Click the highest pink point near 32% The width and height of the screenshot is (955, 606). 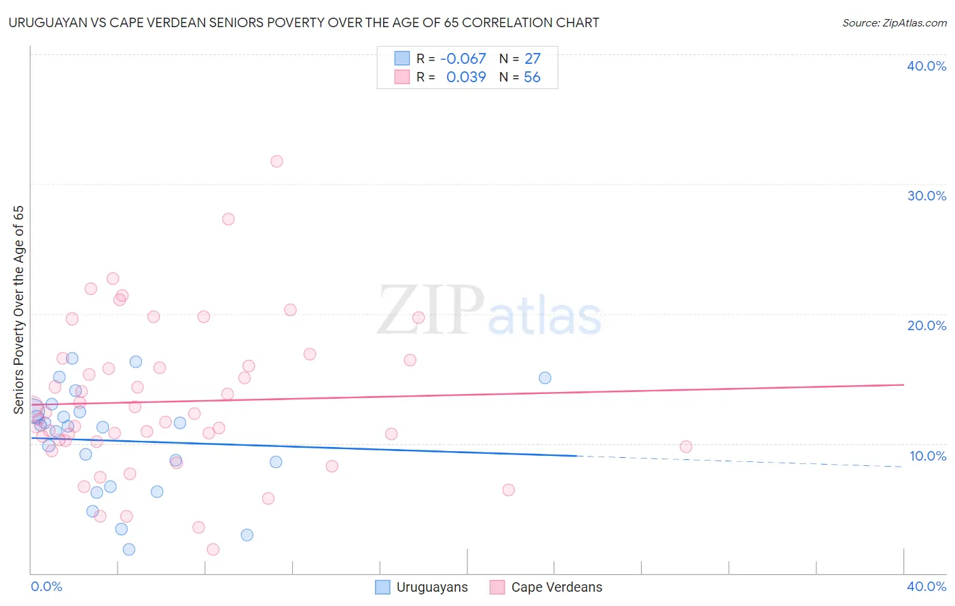click(276, 162)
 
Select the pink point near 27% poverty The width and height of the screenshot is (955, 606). click(228, 219)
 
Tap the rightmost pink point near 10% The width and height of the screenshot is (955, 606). click(686, 446)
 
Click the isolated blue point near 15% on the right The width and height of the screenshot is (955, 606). click(545, 378)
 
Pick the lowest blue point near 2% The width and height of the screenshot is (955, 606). click(129, 549)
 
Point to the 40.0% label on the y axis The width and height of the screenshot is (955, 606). click(926, 66)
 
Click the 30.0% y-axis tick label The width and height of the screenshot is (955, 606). click(926, 196)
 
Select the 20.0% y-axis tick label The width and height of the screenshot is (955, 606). click(926, 325)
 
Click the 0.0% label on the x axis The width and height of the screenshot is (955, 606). click(46, 586)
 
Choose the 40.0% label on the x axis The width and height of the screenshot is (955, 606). click(926, 586)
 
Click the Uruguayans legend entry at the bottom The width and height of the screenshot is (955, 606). click(422, 587)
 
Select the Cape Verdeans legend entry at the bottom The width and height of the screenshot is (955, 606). click(546, 587)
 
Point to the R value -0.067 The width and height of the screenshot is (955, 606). click(463, 59)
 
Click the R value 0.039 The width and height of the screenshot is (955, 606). click(466, 77)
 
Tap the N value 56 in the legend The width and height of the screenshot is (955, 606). click(532, 77)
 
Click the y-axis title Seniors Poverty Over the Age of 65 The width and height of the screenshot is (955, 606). click(18, 309)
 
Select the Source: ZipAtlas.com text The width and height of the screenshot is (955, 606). click(894, 23)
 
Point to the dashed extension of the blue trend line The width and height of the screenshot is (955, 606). click(740, 461)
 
